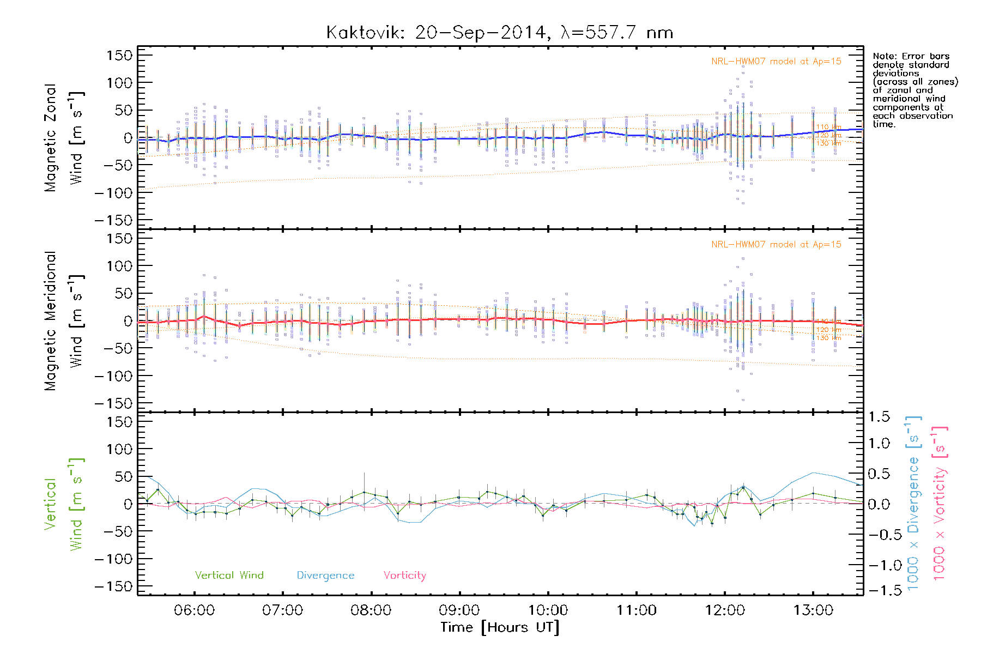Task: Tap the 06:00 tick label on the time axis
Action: (x=194, y=610)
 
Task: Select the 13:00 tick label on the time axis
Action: (x=813, y=610)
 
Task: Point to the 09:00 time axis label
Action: (x=459, y=610)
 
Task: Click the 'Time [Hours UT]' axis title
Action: (x=499, y=627)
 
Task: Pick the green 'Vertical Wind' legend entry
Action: (x=229, y=575)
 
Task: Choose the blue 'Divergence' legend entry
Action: (x=325, y=575)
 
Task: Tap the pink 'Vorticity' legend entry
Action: (x=404, y=575)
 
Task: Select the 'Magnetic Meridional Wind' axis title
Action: (x=64, y=321)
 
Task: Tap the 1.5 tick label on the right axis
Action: (x=879, y=417)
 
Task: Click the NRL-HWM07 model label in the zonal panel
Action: (x=776, y=62)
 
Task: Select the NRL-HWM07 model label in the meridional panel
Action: (x=776, y=245)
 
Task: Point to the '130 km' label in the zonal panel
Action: (x=828, y=143)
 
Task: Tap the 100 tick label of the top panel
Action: (x=119, y=83)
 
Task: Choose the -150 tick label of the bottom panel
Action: (x=113, y=586)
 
